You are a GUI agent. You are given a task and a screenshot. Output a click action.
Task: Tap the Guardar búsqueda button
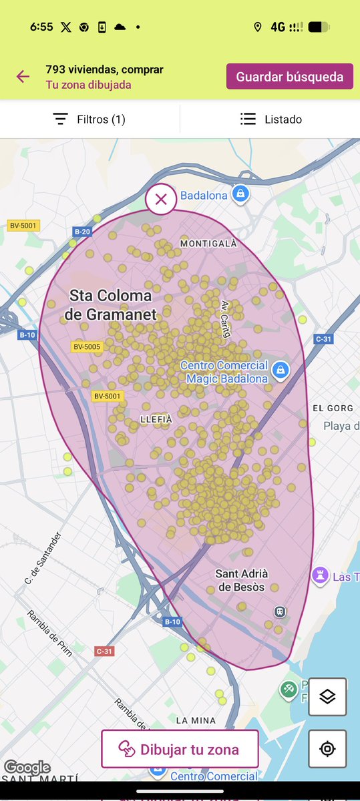tap(289, 76)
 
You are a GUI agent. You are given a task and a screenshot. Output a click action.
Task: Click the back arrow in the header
tap(23, 76)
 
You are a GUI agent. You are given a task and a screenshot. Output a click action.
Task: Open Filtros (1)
tap(89, 119)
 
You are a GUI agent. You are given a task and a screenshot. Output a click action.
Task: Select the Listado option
tap(271, 119)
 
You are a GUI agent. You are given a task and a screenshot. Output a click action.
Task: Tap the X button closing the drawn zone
tap(160, 199)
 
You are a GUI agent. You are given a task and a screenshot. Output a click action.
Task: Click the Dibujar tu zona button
tap(180, 749)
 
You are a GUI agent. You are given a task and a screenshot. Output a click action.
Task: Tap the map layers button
tap(327, 697)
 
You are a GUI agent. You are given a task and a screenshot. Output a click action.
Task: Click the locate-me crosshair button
tap(327, 748)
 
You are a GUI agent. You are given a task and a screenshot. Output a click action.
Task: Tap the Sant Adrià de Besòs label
tap(242, 580)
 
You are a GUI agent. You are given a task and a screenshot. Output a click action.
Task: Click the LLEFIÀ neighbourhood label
tap(156, 419)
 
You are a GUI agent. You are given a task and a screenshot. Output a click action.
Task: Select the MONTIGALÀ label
tap(208, 244)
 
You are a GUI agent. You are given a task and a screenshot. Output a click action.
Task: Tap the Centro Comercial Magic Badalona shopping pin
tap(282, 369)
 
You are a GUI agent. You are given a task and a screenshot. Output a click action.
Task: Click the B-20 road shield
tap(82, 232)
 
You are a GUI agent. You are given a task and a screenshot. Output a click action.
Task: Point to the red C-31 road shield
tap(104, 651)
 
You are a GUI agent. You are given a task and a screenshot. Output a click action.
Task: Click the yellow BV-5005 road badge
tap(87, 346)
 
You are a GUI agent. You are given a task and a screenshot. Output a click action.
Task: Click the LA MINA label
tap(196, 720)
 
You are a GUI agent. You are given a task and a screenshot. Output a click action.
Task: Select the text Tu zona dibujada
tap(88, 85)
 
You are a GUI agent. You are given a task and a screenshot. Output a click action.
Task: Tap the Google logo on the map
tap(27, 768)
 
